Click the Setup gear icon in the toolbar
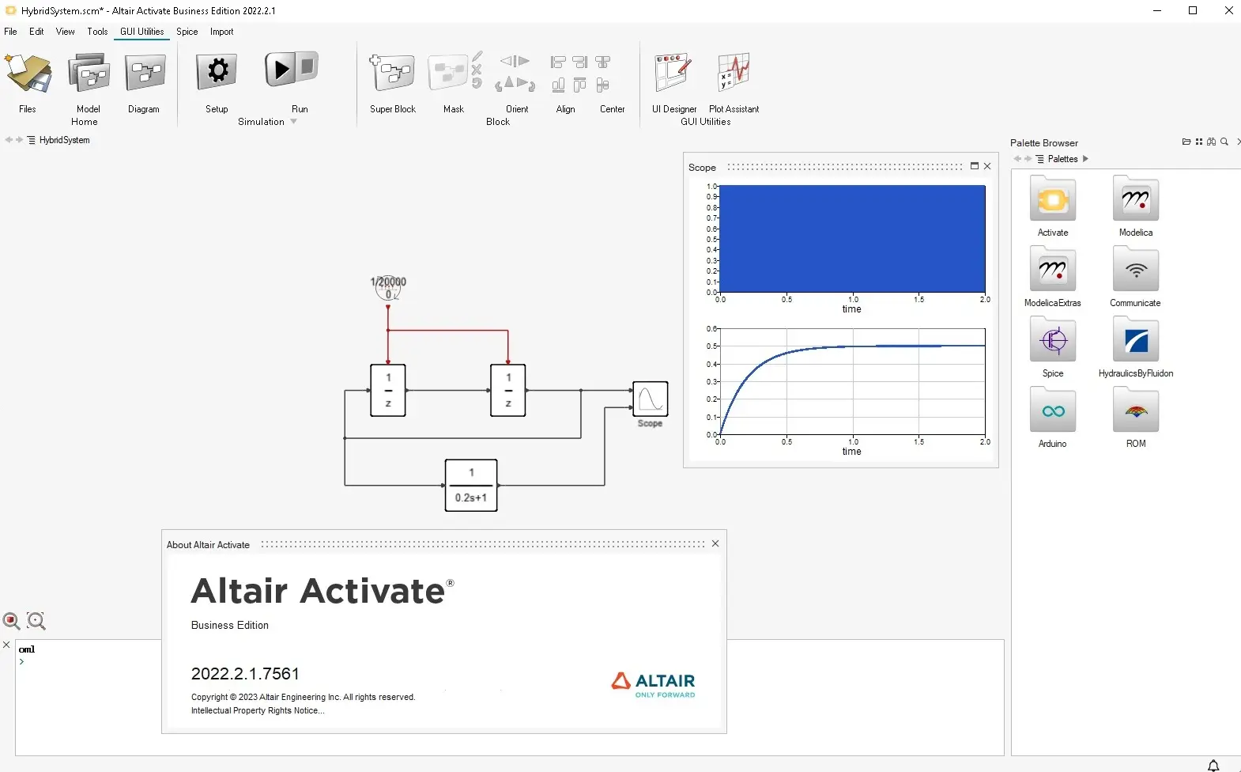(217, 71)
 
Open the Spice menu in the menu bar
(187, 32)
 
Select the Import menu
(221, 32)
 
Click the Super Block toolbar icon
(392, 72)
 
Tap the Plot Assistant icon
(734, 72)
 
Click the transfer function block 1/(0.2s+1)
(471, 485)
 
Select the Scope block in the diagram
(650, 399)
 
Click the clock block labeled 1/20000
(388, 288)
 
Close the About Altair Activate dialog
(715, 543)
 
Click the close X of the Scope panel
(987, 166)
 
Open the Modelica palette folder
(1136, 199)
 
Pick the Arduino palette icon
(1053, 410)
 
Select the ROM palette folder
(1136, 410)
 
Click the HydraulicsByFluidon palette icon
(1136, 339)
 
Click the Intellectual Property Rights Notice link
(258, 710)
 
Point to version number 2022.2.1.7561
(245, 673)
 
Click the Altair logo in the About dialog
(653, 685)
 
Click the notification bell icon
(1213, 766)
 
